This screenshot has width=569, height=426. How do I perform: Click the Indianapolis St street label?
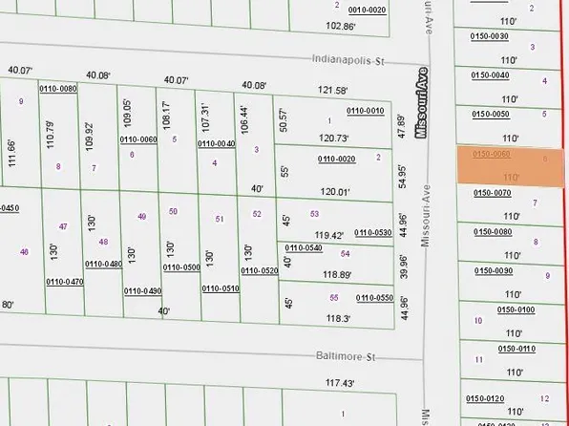347,60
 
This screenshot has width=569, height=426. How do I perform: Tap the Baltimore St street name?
347,357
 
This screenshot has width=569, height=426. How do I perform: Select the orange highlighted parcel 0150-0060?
512,164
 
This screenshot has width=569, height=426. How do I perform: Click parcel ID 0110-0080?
57,89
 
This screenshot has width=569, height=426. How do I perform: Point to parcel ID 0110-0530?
373,232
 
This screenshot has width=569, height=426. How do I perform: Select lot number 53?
314,214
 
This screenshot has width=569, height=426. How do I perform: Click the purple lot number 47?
63,226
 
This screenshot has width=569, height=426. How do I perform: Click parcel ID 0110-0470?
64,282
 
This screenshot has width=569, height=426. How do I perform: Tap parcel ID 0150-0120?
484,397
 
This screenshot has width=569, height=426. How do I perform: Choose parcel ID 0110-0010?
365,111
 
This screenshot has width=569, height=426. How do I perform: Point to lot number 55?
334,297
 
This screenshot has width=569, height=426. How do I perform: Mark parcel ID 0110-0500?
180,267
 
